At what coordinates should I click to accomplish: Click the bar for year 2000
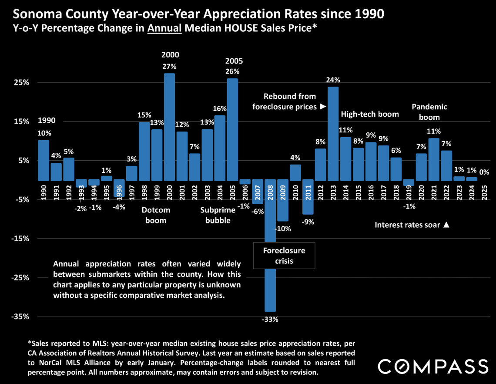pyautogui.click(x=170, y=126)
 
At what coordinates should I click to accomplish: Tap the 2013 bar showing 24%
pyautogui.click(x=333, y=133)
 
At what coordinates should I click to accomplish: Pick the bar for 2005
pyautogui.click(x=233, y=128)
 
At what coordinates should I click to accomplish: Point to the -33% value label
pyautogui.click(x=270, y=319)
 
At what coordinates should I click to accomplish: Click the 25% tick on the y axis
pyautogui.click(x=21, y=83)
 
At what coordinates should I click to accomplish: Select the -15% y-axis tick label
pyautogui.click(x=20, y=239)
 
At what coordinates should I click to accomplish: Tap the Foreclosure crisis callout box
pyautogui.click(x=284, y=256)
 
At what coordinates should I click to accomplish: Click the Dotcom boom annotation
pyautogui.click(x=156, y=215)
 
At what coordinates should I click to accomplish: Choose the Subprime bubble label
pyautogui.click(x=218, y=215)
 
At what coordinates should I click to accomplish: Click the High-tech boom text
pyautogui.click(x=370, y=114)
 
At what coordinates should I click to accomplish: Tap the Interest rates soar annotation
pyautogui.click(x=412, y=225)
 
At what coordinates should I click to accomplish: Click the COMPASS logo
pyautogui.click(x=432, y=366)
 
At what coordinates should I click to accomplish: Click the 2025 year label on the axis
pyautogui.click(x=484, y=192)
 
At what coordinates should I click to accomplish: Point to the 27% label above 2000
pyautogui.click(x=170, y=67)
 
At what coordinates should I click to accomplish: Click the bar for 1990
pyautogui.click(x=44, y=160)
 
